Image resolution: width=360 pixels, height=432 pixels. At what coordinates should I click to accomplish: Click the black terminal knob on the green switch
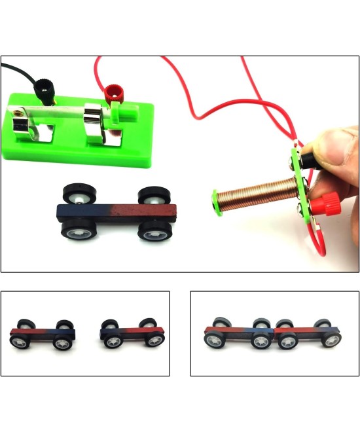(x=44, y=86)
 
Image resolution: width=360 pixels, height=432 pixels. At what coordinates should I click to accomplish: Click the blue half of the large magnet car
(x=82, y=213)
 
